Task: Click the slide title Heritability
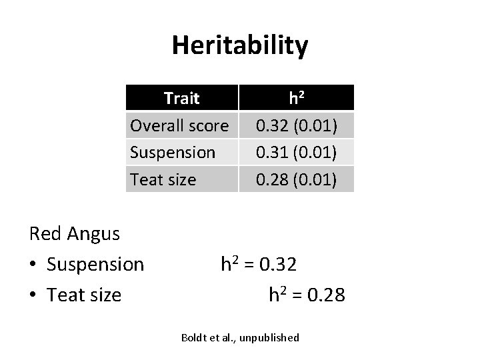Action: pyautogui.click(x=240, y=46)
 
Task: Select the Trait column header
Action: pyautogui.click(x=181, y=98)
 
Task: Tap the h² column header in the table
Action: pyautogui.click(x=296, y=98)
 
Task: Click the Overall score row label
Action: pyautogui.click(x=179, y=125)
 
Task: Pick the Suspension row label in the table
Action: pyautogui.click(x=173, y=152)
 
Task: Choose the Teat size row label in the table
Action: pyautogui.click(x=163, y=179)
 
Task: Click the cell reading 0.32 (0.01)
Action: pyautogui.click(x=297, y=125)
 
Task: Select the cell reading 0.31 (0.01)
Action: pyautogui.click(x=297, y=152)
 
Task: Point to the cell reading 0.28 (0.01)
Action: pyautogui.click(x=297, y=179)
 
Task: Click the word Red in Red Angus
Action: pyautogui.click(x=45, y=234)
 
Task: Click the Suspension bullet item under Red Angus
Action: pyautogui.click(x=95, y=265)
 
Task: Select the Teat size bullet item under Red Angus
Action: pyautogui.click(x=84, y=295)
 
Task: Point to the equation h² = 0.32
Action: pyautogui.click(x=259, y=265)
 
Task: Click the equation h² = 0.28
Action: pyautogui.click(x=307, y=295)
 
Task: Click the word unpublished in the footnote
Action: pyautogui.click(x=270, y=338)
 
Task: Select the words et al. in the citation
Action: pyautogui.click(x=223, y=338)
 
